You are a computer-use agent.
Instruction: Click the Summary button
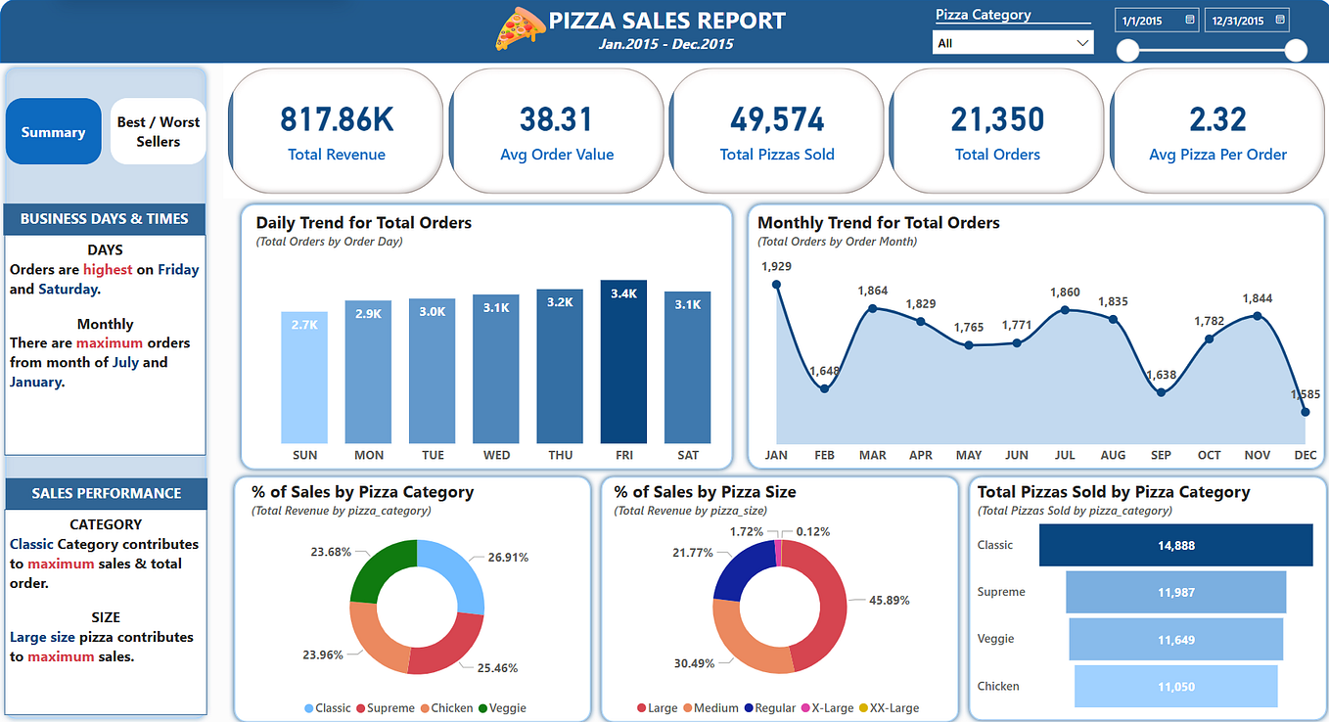pyautogui.click(x=54, y=132)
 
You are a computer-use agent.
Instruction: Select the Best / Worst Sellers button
pyautogui.click(x=158, y=132)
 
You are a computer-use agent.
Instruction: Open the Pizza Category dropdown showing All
pyautogui.click(x=1013, y=43)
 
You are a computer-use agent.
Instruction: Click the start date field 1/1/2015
pyautogui.click(x=1156, y=21)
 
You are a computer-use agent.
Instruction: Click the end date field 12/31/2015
pyautogui.click(x=1245, y=21)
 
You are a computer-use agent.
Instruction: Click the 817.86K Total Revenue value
pyautogui.click(x=337, y=119)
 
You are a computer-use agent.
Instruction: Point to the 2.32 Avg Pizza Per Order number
pyautogui.click(x=1217, y=119)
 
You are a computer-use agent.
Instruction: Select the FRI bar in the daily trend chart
pyautogui.click(x=623, y=362)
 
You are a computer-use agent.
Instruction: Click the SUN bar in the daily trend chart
pyautogui.click(x=304, y=378)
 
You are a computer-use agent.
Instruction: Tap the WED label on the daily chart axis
pyautogui.click(x=496, y=455)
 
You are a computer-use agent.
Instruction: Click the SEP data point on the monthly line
pyautogui.click(x=1161, y=392)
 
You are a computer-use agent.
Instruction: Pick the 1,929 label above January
pyautogui.click(x=776, y=266)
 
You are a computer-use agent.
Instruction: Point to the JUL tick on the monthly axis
pyautogui.click(x=1065, y=455)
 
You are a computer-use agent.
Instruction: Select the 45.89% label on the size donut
pyautogui.click(x=889, y=600)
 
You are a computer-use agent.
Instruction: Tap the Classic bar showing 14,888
pyautogui.click(x=1175, y=545)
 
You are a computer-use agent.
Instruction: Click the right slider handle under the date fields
pyautogui.click(x=1296, y=50)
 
